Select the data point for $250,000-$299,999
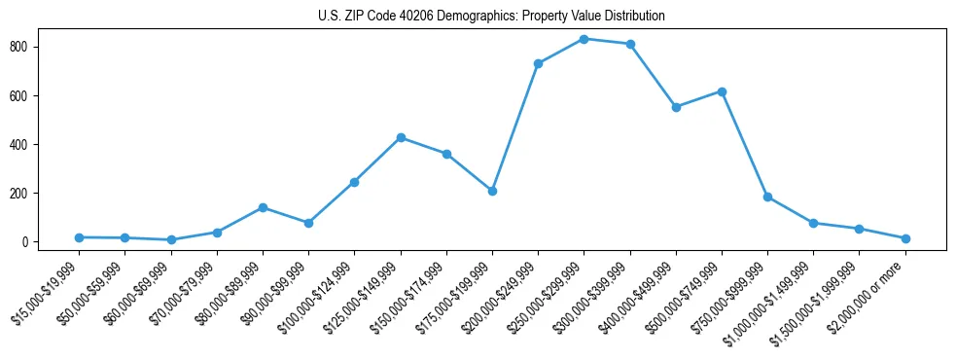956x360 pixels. [584, 39]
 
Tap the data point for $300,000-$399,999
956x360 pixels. [630, 44]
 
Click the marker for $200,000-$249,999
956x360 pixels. [538, 63]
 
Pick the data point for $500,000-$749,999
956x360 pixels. [722, 91]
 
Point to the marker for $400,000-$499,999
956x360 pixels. [676, 107]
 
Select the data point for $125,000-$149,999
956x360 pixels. [400, 137]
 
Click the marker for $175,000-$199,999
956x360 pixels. [492, 191]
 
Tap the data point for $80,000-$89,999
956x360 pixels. [263, 207]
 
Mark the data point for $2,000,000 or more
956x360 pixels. [905, 238]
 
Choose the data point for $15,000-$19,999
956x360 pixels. [79, 237]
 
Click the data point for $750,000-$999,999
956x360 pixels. [767, 197]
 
